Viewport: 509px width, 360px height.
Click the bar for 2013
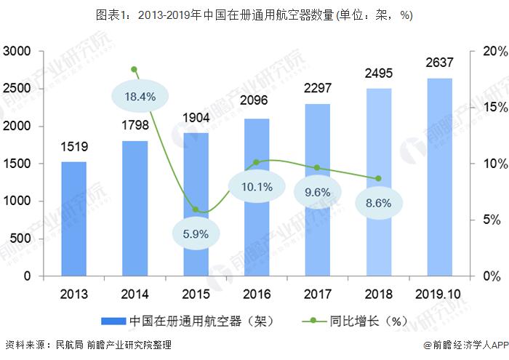(x=73, y=219)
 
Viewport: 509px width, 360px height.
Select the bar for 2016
(x=257, y=197)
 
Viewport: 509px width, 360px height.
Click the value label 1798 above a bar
(x=135, y=127)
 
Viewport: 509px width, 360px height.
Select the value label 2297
(x=318, y=89)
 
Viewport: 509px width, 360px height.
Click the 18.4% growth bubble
(x=140, y=96)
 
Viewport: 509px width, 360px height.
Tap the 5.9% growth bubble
(x=196, y=233)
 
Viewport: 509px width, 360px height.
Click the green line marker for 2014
(x=135, y=70)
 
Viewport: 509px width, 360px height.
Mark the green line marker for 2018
(x=378, y=178)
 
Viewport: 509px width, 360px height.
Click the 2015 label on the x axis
(x=196, y=294)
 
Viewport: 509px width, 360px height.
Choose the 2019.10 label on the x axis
(x=439, y=294)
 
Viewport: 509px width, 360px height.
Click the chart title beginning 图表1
(x=254, y=15)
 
